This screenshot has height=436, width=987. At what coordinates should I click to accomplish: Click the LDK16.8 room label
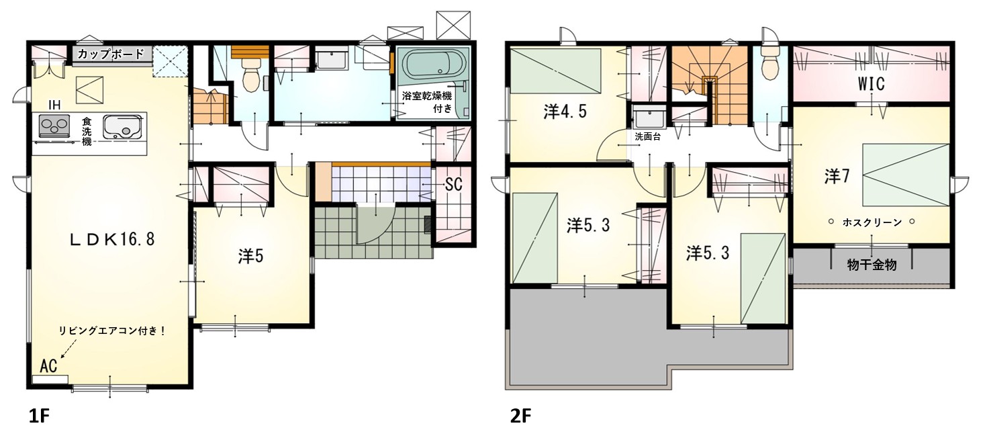(112, 239)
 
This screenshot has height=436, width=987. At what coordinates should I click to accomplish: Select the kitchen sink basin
(123, 126)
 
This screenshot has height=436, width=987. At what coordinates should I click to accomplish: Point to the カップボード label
(111, 54)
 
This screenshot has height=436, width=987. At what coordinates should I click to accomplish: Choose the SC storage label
(453, 184)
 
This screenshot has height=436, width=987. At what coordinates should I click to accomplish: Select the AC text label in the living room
(48, 365)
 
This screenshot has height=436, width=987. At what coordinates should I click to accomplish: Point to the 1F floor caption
(39, 416)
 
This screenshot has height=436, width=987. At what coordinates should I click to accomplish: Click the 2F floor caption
(521, 416)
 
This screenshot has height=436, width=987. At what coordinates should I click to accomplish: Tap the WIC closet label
(871, 84)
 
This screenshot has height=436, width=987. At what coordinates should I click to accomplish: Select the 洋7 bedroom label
(837, 177)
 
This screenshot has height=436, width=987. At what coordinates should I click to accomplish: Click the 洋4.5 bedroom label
(565, 112)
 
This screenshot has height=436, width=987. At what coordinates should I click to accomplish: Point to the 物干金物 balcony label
(872, 265)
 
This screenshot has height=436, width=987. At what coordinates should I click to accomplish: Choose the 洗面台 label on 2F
(648, 136)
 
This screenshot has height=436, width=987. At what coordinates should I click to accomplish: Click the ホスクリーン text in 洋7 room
(872, 222)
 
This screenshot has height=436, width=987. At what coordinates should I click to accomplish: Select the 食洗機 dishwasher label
(87, 132)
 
